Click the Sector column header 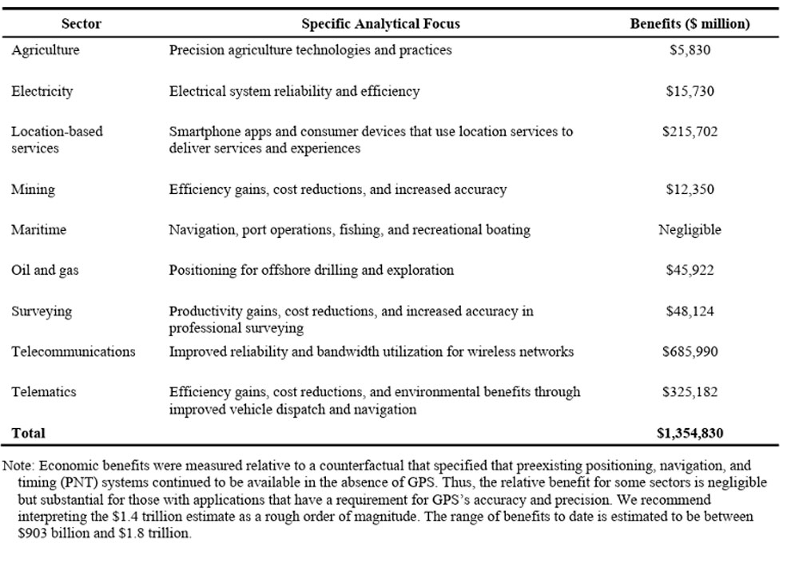81,24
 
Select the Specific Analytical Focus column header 380,24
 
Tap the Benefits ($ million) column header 690,24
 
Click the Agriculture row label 46,50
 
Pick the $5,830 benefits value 690,50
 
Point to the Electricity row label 42,91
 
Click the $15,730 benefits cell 690,91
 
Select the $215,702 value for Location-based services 690,132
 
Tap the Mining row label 33,189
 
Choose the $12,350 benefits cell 690,189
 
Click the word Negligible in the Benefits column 690,230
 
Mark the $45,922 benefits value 690,270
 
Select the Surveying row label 41,311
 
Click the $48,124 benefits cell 690,311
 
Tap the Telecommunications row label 73,351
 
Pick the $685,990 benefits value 690,351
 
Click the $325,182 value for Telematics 690,392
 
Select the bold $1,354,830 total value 690,434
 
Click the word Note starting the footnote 18,465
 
